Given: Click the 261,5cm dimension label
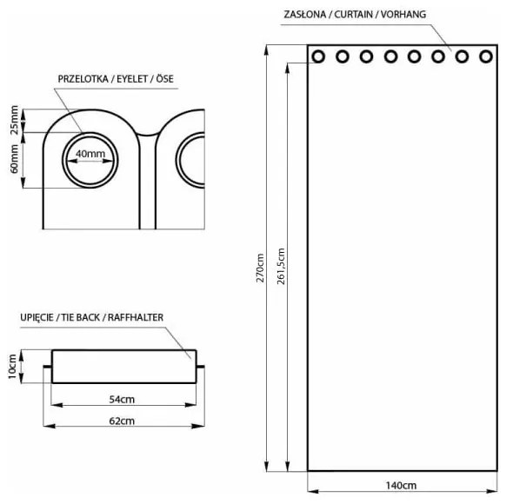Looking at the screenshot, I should click(280, 267).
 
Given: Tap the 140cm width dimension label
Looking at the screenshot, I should click(403, 485).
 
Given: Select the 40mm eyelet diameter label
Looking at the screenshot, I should click(90, 154).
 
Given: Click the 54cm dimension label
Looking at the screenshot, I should click(121, 401).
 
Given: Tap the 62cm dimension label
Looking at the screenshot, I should click(121, 421).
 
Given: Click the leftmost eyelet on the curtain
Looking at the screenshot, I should click(319, 56).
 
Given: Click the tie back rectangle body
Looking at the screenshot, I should click(122, 367).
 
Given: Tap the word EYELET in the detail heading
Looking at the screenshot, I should click(135, 78).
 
